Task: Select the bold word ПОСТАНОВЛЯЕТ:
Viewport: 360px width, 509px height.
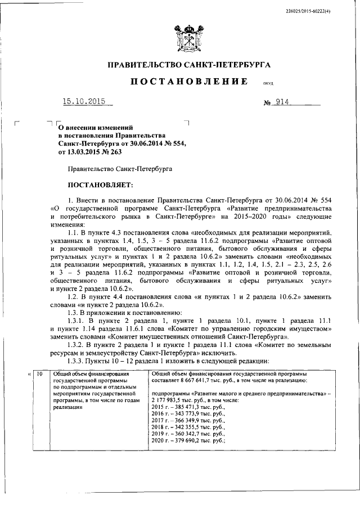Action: point(101,184)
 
